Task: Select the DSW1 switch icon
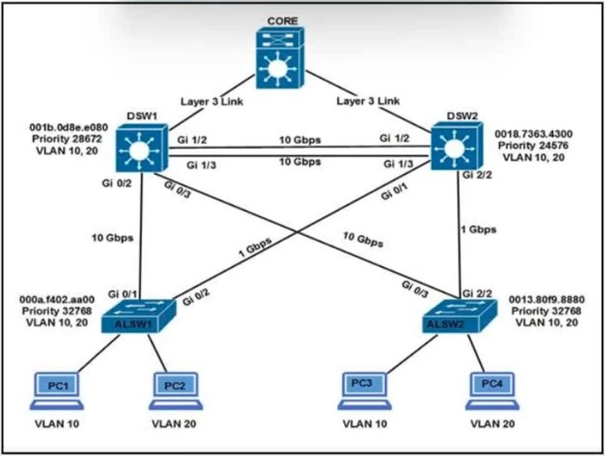pyautogui.click(x=142, y=148)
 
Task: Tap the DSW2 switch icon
pyautogui.click(x=457, y=146)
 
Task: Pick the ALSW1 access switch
pyautogui.click(x=138, y=316)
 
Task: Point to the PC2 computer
pyautogui.click(x=175, y=391)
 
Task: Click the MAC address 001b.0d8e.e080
pyautogui.click(x=69, y=128)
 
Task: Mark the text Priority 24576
pyautogui.click(x=533, y=146)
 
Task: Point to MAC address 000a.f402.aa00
pyautogui.click(x=57, y=300)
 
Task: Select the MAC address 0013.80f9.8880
pyautogui.click(x=547, y=300)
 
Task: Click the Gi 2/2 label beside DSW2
pyautogui.click(x=477, y=176)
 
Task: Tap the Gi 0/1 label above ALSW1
pyautogui.click(x=122, y=295)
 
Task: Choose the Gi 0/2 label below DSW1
pyautogui.click(x=117, y=184)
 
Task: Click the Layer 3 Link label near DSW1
pyautogui.click(x=212, y=102)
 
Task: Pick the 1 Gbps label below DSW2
pyautogui.click(x=479, y=230)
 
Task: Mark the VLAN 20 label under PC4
pyautogui.click(x=493, y=424)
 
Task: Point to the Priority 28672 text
pyautogui.click(x=67, y=139)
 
